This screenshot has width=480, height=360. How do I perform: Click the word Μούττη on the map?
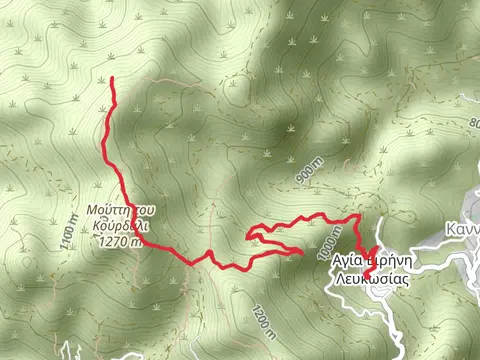point(111,211)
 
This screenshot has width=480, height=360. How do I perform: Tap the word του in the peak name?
point(146,211)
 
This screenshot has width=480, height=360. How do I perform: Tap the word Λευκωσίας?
point(371,280)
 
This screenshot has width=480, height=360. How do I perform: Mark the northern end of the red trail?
point(110,78)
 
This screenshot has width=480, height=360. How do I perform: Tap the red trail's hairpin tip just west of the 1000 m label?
point(301,251)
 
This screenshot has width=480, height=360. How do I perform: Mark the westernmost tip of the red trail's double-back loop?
point(247,234)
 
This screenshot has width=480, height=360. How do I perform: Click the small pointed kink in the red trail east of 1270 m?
point(211,255)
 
